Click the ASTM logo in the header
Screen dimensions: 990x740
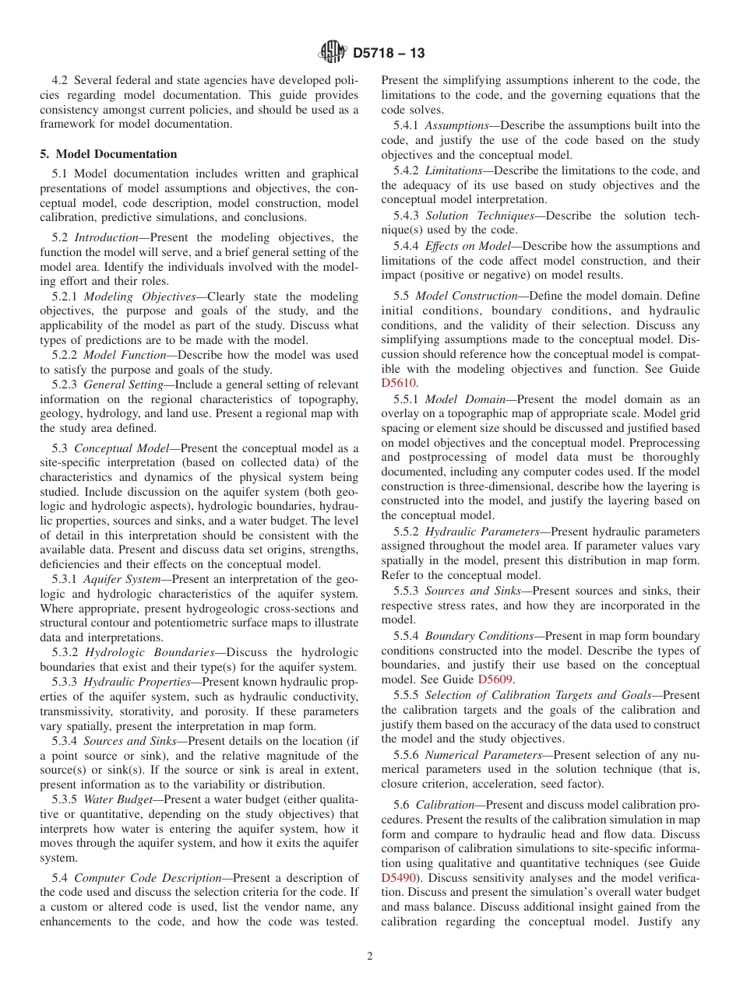(x=333, y=53)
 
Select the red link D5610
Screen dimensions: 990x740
(x=399, y=382)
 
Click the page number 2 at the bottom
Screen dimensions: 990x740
(x=370, y=957)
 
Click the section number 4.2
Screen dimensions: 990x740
(x=60, y=80)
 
